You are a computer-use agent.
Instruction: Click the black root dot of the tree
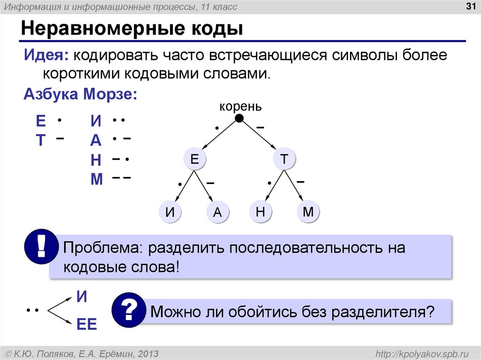click(239, 118)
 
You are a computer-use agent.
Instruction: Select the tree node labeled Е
click(194, 160)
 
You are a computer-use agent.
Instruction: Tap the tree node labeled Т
click(284, 160)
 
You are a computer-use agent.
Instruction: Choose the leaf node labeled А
click(217, 213)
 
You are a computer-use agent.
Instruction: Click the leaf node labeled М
click(308, 212)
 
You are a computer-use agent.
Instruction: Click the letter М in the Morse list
click(96, 179)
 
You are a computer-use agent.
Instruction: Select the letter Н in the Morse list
click(96, 160)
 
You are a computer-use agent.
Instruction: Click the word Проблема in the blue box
click(99, 247)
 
